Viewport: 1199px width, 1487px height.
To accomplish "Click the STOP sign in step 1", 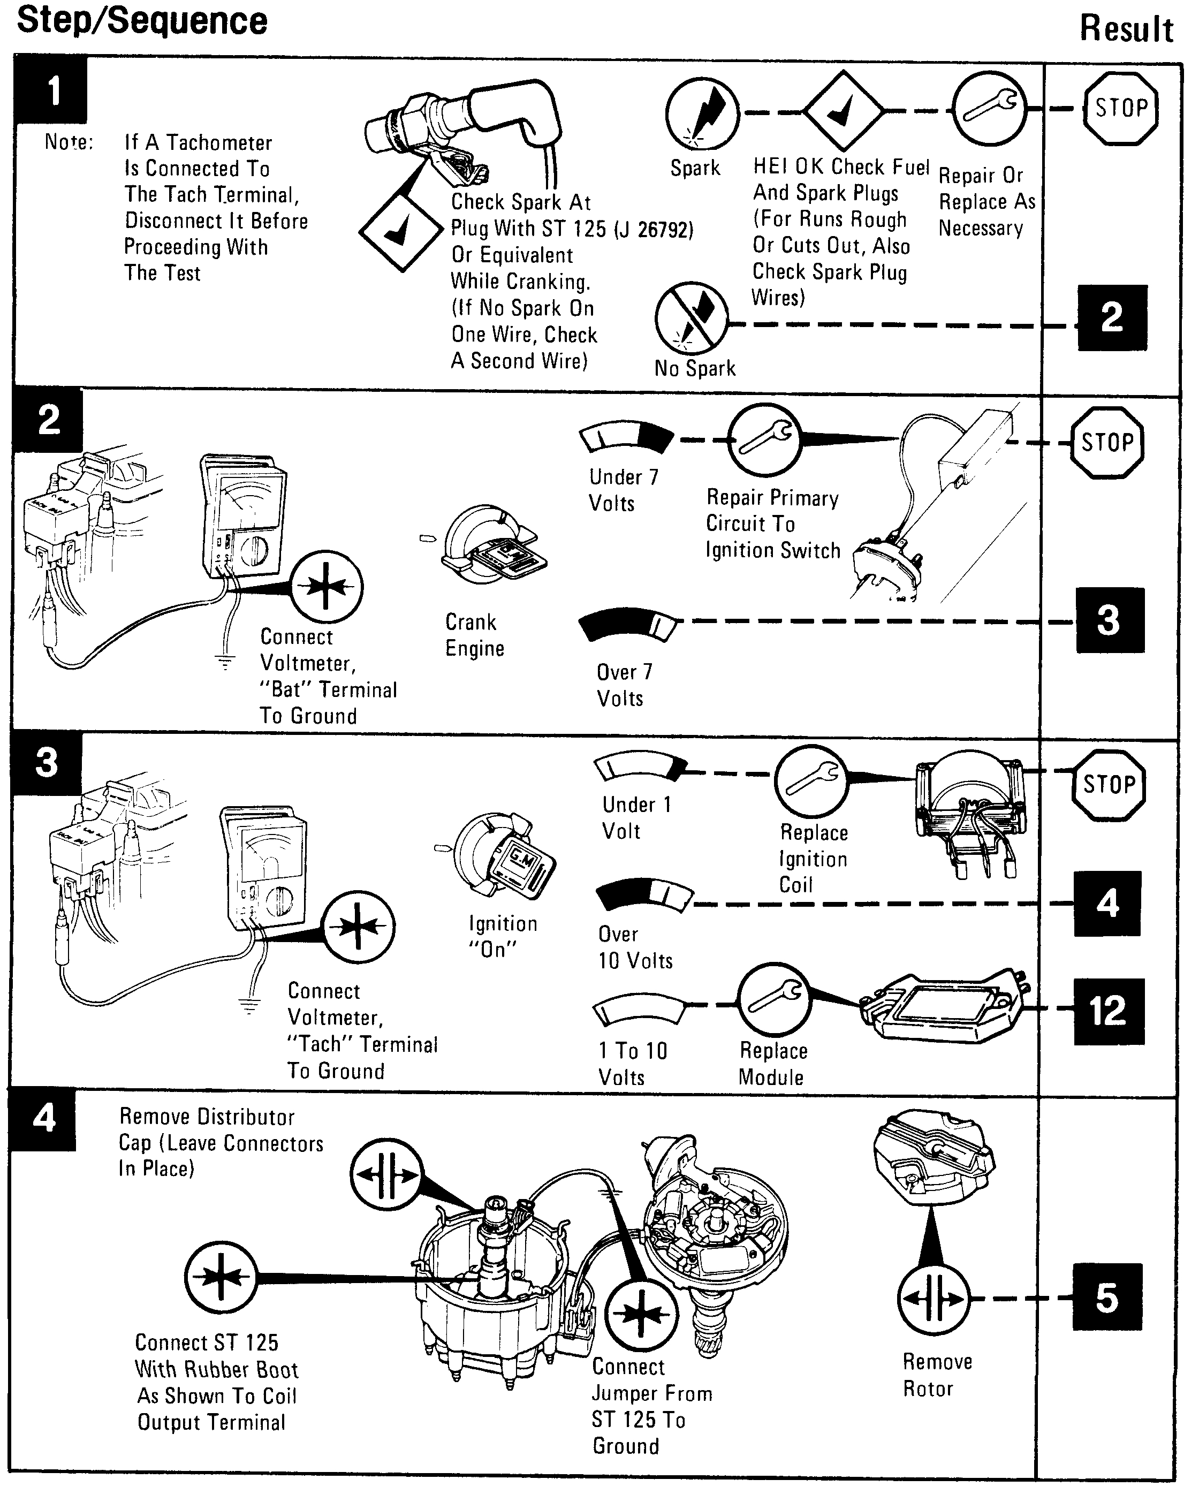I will pyautogui.click(x=1120, y=109).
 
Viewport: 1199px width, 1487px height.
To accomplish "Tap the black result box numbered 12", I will pyautogui.click(x=1108, y=1011).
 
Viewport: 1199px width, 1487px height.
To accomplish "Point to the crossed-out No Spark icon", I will pyautogui.click(x=692, y=318).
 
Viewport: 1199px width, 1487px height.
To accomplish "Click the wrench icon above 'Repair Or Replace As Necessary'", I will pyautogui.click(x=989, y=109).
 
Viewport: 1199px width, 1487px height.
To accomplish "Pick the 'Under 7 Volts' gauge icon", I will pyautogui.click(x=626, y=437).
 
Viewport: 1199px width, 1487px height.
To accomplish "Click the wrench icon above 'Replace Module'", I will pyautogui.click(x=773, y=999).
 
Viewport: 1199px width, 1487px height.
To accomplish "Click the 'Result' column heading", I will pyautogui.click(x=1126, y=29).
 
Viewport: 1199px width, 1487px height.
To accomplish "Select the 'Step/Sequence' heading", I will pyautogui.click(x=142, y=21).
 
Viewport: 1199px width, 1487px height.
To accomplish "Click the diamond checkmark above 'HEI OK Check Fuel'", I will pyautogui.click(x=843, y=110).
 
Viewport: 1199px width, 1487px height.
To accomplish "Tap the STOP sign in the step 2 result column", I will pyautogui.click(x=1106, y=443).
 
